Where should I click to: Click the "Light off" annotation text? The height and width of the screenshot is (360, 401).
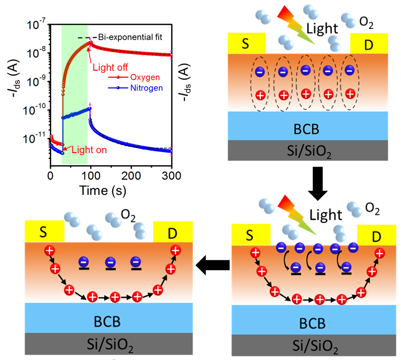click(112, 67)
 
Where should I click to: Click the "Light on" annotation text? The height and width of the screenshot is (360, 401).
click(89, 150)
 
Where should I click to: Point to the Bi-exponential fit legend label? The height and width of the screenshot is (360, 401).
click(133, 37)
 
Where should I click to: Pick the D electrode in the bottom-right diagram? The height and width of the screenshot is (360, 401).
click(376, 236)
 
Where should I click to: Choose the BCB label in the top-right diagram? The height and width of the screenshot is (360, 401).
click(308, 129)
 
